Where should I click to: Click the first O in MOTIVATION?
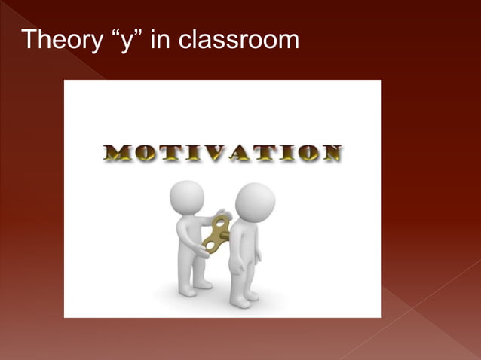point(142,153)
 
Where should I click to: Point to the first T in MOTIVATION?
point(167,153)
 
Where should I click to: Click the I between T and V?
point(190,153)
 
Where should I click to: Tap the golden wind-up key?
point(219,232)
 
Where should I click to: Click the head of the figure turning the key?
point(187,196)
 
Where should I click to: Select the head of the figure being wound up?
point(254,201)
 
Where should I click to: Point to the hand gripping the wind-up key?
point(219,215)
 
